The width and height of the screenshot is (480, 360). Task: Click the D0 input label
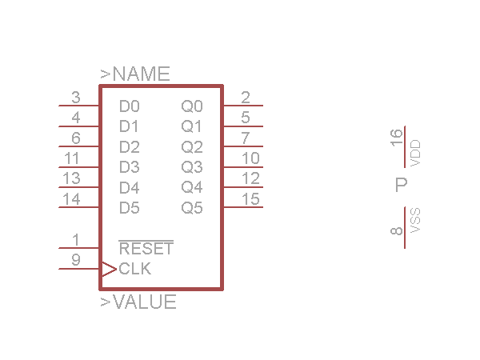[x=129, y=106]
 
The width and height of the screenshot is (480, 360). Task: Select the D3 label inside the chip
[x=129, y=167]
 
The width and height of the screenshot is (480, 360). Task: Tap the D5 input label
[x=129, y=208]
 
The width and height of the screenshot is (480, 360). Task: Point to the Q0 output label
[x=192, y=106]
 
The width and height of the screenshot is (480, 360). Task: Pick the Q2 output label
[x=192, y=146]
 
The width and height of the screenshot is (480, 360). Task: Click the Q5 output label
[x=192, y=208]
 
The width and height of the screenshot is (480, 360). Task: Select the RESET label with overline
[x=146, y=248]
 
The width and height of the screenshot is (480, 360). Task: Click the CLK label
[x=134, y=269]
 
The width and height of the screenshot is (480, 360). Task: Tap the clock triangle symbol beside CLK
[x=108, y=269]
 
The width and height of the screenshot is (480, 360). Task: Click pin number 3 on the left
[x=76, y=98]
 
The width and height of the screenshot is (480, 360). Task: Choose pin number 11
[x=72, y=158]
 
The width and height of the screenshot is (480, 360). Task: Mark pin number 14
[x=72, y=199]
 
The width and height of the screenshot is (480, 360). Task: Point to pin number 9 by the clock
[x=76, y=260]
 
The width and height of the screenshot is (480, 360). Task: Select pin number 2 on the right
[x=246, y=98]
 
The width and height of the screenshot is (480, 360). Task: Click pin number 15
[x=250, y=199]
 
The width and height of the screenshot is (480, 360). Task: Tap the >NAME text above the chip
[x=135, y=74]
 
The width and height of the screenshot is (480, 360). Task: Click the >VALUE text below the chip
[x=138, y=302]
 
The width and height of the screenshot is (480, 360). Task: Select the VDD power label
[x=414, y=153]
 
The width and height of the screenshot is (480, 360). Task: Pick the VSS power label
[x=414, y=220]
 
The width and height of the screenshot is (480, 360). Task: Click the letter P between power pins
[x=402, y=186]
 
